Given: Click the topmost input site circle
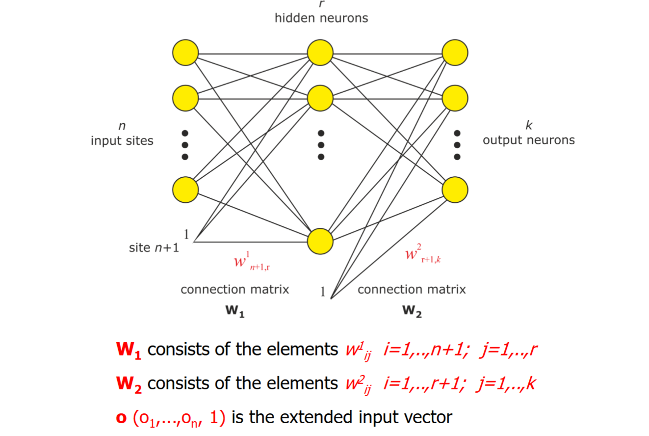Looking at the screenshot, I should tap(185, 52).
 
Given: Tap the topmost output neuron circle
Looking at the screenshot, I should tap(455, 52).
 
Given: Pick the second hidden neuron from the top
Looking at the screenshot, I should tap(320, 98).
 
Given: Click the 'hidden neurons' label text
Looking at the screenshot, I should tap(321, 19).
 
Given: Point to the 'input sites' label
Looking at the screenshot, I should tap(122, 141).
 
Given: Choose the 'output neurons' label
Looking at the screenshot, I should tap(529, 140).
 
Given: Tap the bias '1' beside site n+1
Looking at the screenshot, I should tap(187, 233).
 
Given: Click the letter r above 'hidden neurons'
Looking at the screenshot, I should tap(321, 4).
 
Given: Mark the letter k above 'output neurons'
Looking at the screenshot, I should tap(529, 125).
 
